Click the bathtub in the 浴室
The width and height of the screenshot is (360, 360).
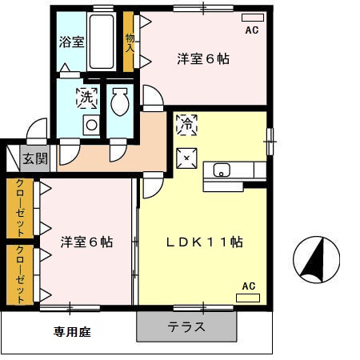102,42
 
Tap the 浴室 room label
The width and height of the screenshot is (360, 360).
71,42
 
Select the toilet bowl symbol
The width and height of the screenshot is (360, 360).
120,102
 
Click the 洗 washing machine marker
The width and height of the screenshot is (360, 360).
86,98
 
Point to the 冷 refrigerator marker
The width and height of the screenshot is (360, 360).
186,125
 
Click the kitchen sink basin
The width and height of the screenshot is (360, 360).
222,170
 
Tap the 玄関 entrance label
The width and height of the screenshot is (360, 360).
35,159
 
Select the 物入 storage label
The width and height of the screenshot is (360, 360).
130,43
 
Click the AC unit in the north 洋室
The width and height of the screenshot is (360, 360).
253,18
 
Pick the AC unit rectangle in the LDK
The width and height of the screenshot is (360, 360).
248,298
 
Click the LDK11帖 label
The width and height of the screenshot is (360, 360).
205,242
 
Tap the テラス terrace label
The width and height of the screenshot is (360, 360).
186,326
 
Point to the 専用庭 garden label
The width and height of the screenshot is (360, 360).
72,332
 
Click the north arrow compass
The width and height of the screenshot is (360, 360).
316,260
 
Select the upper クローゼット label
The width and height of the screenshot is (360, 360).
20,208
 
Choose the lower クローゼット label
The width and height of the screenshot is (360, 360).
20,274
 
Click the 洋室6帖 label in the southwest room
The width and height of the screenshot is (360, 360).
86,242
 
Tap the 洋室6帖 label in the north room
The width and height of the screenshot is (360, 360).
203,59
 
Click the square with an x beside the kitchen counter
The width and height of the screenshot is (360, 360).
186,158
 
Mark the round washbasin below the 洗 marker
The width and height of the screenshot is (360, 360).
91,125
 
